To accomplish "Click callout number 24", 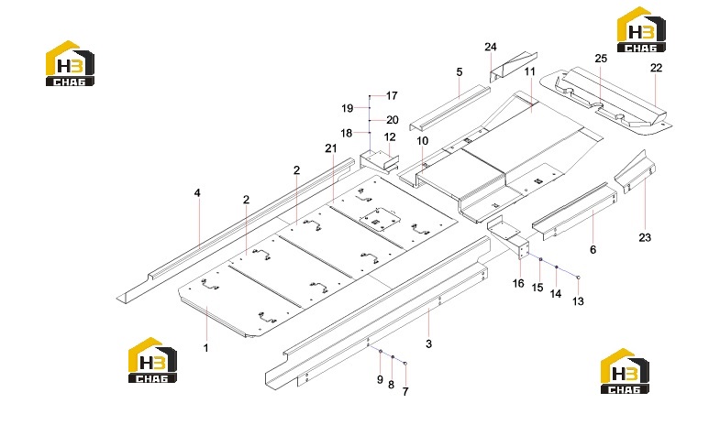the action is coord(491,47).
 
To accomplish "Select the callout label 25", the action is coord(601,59).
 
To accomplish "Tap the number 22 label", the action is coord(656,68).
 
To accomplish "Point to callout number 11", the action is coord(530,71).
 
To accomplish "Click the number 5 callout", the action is coord(460,72).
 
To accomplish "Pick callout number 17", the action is coord(392,95).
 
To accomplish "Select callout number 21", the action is coord(331,148).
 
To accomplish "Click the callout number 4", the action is coord(197,193).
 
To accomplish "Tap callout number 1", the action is coord(206,348).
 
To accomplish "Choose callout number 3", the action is coord(428,343).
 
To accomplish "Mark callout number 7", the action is coord(405,392).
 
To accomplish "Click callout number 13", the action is coord(579,301).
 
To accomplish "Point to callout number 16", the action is coord(518,283).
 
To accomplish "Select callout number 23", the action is coord(645,237).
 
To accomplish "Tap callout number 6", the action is coord(593,249).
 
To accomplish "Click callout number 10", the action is coord(422,141).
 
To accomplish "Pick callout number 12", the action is coord(390,136).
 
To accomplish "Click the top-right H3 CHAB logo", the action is coord(641,30).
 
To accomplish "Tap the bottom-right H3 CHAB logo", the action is coord(625,371).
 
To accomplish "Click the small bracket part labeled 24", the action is coord(513,67).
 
